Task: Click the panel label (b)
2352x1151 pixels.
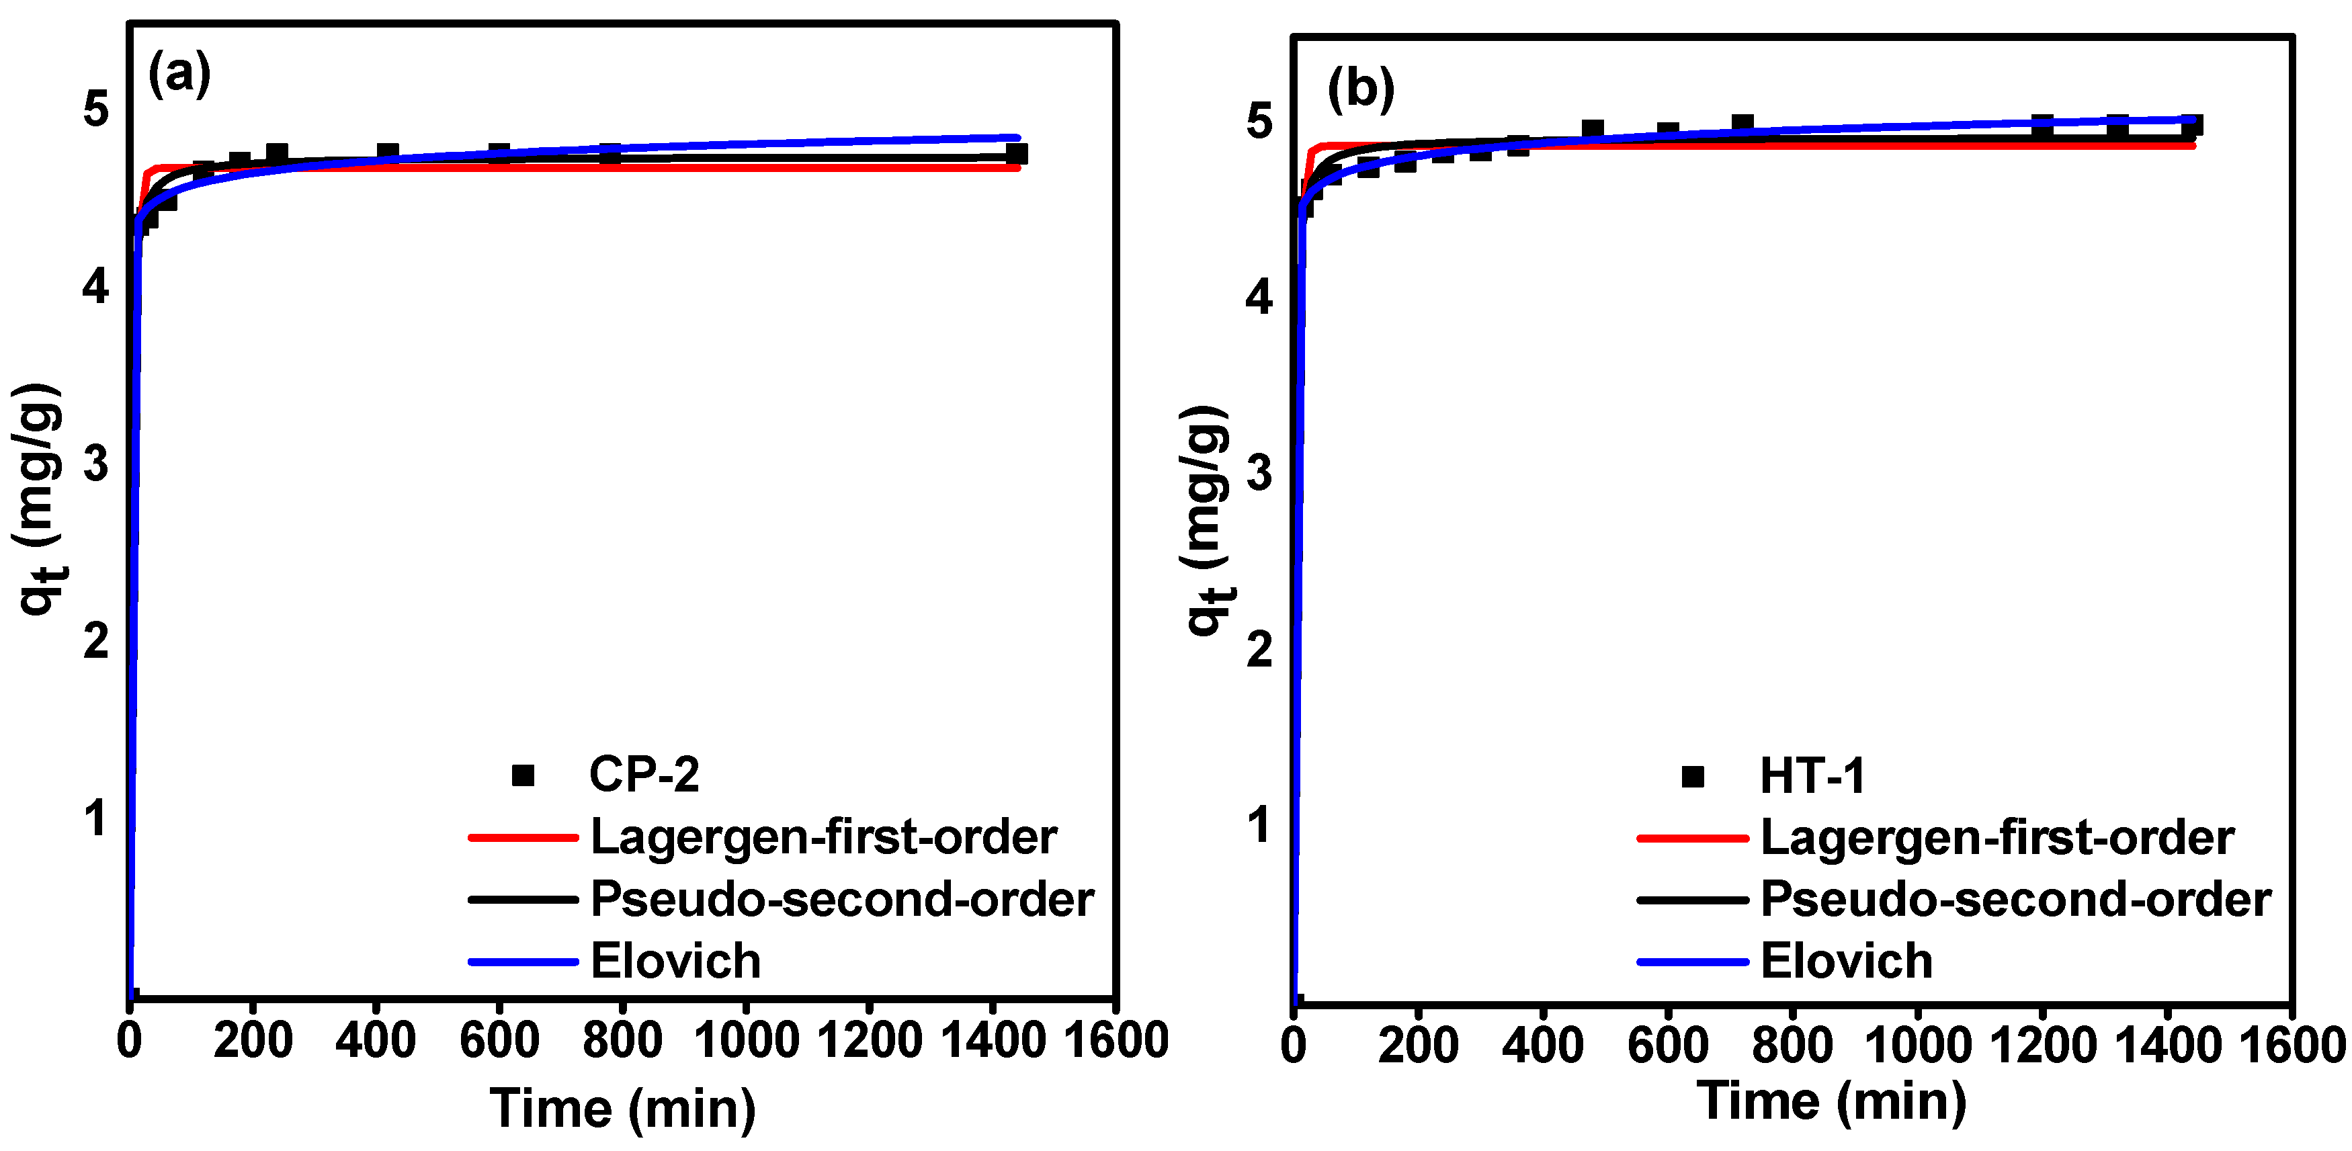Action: tap(1360, 89)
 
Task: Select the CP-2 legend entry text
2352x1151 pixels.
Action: tap(644, 775)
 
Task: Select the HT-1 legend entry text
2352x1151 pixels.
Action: tap(1812, 777)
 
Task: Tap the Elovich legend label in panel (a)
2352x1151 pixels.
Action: tap(675, 961)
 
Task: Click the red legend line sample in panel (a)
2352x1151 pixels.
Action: tap(522, 837)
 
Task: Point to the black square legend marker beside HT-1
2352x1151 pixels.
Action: tap(1693, 777)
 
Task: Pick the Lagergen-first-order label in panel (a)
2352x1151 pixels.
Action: tap(824, 837)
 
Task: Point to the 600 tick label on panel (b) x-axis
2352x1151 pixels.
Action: tap(1667, 1044)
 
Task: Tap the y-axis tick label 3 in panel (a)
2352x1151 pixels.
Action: tap(96, 464)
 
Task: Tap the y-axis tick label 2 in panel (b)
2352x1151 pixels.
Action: tap(1259, 649)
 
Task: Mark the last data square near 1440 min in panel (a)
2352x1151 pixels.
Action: tap(1016, 153)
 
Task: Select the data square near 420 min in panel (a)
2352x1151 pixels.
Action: tap(387, 153)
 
